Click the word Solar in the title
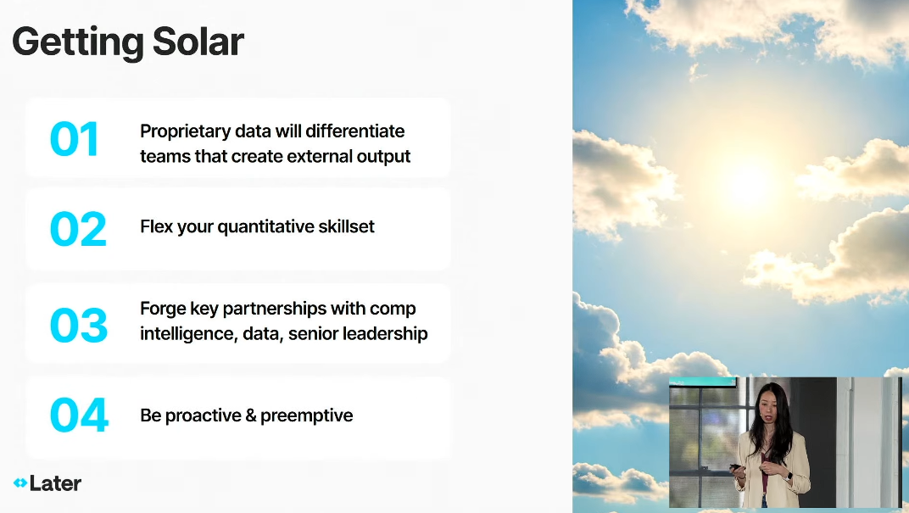coord(198,42)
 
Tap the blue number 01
coord(75,139)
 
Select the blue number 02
coord(78,229)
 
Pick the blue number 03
coord(79,325)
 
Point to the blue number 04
coord(80,415)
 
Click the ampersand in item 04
coord(250,415)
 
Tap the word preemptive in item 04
coord(306,416)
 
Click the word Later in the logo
coord(56,483)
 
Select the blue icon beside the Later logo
coord(20,482)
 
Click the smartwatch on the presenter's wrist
coord(789,476)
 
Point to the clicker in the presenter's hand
coord(735,466)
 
